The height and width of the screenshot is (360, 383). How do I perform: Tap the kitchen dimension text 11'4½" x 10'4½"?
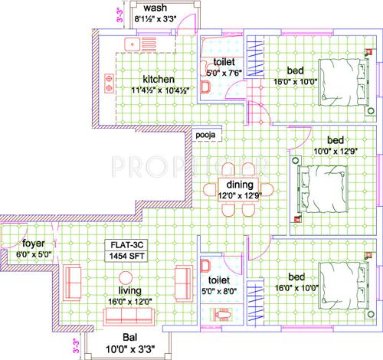pos(152,91)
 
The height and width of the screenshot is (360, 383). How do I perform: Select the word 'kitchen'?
pos(158,80)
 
